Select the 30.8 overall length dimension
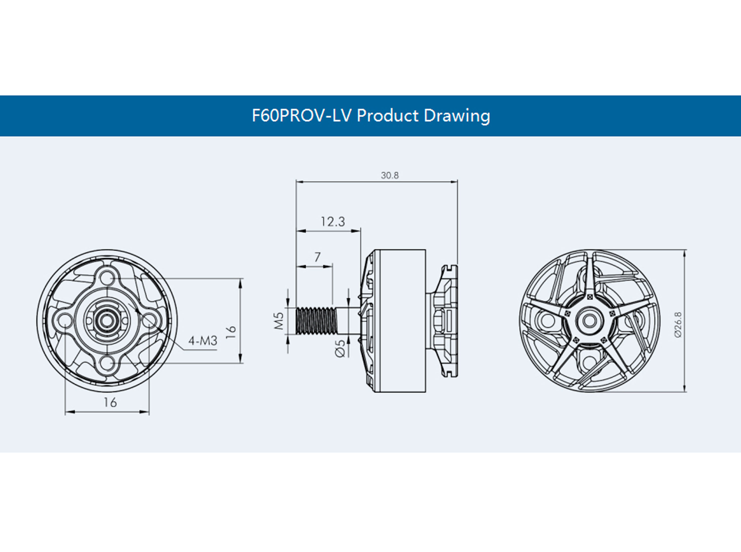coord(390,175)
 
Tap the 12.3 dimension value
coord(333,222)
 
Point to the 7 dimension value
coord(317,257)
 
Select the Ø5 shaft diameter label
coord(340,348)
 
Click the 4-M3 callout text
coord(203,341)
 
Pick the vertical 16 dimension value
coord(231,332)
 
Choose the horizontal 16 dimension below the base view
coord(110,403)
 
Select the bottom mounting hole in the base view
coord(107,363)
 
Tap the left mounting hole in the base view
coord(64,321)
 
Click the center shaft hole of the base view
coord(106,321)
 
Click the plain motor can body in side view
coord(400,321)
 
